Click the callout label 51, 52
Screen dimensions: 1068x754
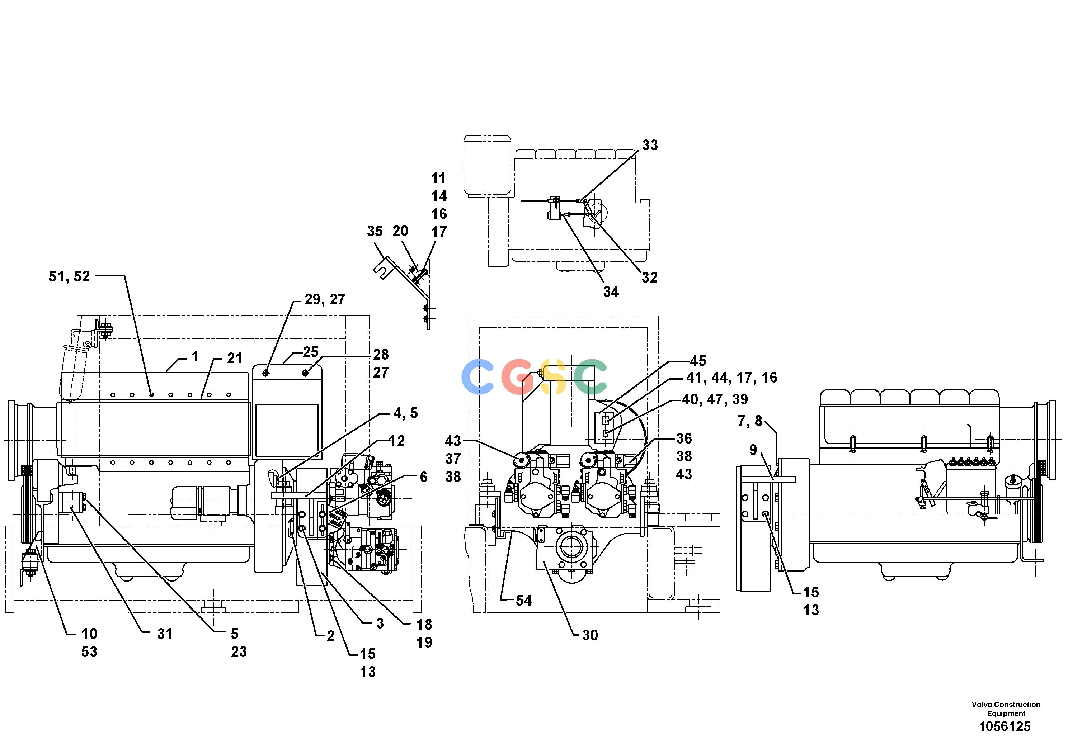[69, 276]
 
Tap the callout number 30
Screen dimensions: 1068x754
[590, 635]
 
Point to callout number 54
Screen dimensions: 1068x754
[524, 600]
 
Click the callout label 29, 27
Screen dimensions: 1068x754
[325, 299]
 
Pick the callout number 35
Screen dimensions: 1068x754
[375, 231]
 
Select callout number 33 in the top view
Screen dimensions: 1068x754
[650, 145]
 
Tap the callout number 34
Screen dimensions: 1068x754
[611, 291]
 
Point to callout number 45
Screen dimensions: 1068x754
[698, 360]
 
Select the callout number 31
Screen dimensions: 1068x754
[164, 634]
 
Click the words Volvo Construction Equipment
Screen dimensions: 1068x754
[1006, 709]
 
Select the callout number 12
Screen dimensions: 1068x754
[397, 441]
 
